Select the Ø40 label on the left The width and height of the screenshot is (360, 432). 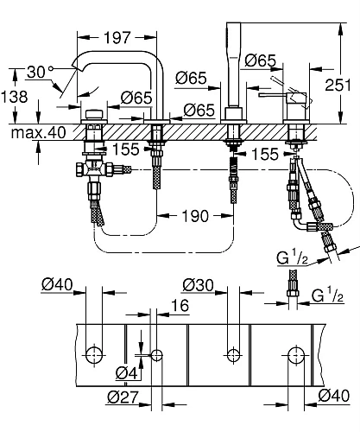click(x=55, y=284)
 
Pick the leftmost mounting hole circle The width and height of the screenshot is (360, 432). click(x=94, y=354)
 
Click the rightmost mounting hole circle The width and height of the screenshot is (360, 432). click(x=295, y=354)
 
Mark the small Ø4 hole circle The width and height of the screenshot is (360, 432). click(x=155, y=354)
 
